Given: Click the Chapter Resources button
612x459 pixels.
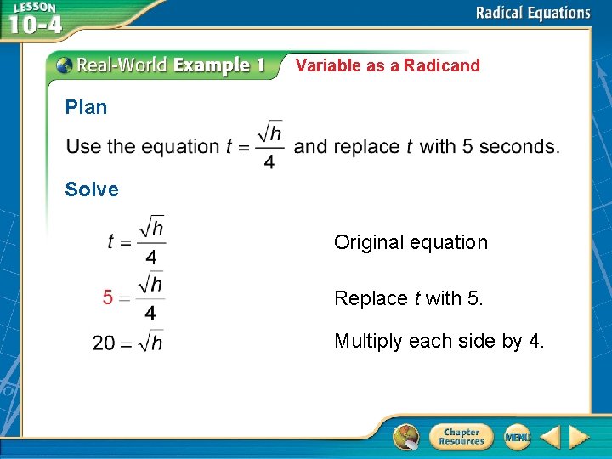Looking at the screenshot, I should pos(461,437).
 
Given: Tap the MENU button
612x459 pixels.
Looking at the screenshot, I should pos(516,437).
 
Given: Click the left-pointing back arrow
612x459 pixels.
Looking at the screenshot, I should pos(550,437).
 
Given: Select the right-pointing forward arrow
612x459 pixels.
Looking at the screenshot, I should pos(579,437).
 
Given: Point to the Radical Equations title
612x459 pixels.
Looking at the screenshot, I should pos(532,13).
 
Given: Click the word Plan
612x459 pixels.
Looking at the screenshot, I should pos(86,107).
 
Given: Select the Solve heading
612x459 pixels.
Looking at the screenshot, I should pos(92,190).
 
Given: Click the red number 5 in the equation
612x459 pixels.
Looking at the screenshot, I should pos(108,297).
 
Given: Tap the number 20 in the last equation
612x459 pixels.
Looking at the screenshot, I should pos(104,343).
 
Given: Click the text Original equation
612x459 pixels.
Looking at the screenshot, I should pos(411,242).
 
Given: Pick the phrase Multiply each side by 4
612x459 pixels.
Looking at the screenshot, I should pos(439,341).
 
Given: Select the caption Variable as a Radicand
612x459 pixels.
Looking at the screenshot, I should pos(388,65).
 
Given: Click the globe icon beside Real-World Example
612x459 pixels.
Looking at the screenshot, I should pos(65,65).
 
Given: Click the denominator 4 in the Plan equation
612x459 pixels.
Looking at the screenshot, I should pos(269,161).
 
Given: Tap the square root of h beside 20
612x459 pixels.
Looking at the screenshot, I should pos(150,342).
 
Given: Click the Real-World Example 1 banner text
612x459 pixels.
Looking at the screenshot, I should pos(171,65).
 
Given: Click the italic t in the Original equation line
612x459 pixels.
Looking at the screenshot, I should pos(111,241).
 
